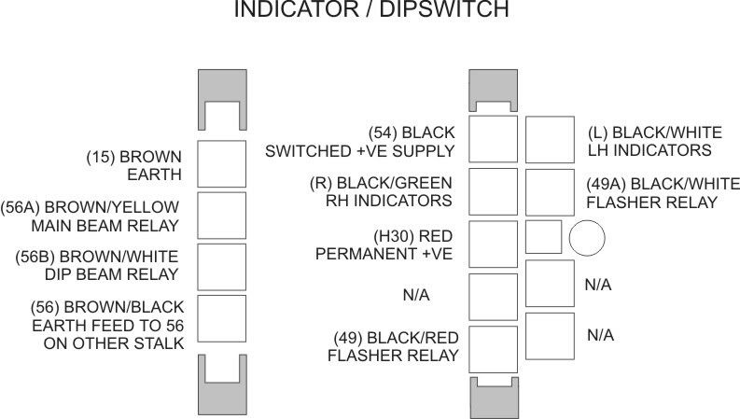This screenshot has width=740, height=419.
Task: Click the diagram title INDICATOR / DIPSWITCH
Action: (370, 10)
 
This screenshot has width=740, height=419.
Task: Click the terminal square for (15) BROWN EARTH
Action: (221, 162)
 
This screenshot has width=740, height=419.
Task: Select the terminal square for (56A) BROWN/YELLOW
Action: (221, 215)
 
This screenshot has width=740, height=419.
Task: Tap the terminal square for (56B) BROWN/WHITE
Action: (221, 267)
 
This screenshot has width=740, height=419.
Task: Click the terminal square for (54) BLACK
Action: (492, 139)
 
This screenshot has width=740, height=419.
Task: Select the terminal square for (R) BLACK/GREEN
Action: (492, 191)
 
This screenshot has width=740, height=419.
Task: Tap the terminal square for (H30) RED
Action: (492, 244)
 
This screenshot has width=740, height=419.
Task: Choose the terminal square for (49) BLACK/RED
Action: (492, 348)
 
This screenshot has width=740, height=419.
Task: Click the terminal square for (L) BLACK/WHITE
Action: (550, 139)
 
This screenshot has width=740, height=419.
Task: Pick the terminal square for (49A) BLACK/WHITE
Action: (550, 191)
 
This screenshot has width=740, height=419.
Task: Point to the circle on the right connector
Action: (588, 238)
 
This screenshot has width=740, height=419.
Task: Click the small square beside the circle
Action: (543, 238)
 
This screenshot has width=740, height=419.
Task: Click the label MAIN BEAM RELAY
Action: (119, 225)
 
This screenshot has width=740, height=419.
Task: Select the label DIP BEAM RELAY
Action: (123, 274)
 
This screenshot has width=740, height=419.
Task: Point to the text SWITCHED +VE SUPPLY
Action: (360, 150)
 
